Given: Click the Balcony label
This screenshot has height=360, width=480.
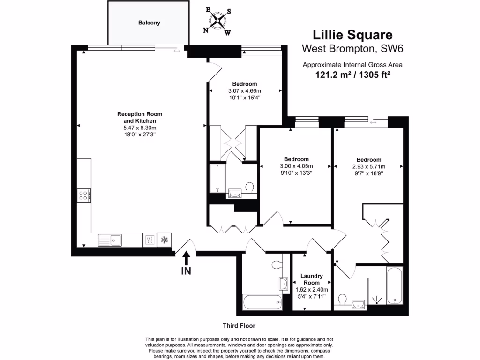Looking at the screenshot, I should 149,22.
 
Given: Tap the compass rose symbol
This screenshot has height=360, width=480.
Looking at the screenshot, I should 217,20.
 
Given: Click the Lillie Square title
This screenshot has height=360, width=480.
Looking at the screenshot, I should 352,35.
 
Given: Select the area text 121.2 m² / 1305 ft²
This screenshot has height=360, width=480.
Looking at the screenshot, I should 352,74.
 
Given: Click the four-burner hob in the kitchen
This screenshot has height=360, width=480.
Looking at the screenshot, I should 84,195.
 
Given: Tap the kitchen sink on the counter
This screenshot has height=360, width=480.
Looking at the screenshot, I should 110,240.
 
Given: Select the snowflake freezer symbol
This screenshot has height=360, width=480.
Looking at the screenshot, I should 164,240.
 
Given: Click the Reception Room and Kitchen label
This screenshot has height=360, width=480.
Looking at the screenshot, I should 139,118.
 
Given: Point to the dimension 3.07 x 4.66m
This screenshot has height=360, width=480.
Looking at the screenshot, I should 244,91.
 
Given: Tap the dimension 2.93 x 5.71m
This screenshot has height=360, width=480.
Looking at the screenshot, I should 368,166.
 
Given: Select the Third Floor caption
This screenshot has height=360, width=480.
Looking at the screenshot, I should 239,325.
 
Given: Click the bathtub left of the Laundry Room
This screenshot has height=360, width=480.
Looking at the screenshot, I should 262,302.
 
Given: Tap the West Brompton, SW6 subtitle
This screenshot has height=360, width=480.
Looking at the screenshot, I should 352,48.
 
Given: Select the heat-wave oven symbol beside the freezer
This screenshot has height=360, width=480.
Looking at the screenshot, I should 149,240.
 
